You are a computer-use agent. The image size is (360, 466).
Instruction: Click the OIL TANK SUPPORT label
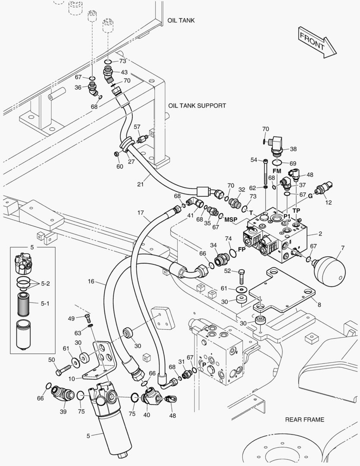197,105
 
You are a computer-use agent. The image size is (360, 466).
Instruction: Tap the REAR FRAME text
304,419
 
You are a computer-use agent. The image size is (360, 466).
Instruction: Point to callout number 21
140,185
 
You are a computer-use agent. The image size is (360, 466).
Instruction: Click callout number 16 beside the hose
91,281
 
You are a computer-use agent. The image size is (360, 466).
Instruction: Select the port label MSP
231,220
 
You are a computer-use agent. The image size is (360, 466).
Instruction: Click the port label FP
242,250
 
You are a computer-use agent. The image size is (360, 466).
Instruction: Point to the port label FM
277,171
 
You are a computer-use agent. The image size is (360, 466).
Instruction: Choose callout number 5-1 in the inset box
45,303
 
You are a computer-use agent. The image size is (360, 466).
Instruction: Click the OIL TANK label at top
181,20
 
